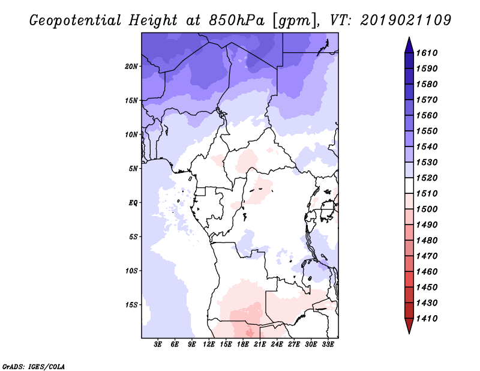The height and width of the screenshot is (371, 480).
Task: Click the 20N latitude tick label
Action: point(132,66)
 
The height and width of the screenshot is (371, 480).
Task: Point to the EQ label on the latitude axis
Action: point(133,202)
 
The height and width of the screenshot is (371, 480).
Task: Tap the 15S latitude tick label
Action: point(132,304)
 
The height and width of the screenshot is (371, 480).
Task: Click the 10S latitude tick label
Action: point(132,270)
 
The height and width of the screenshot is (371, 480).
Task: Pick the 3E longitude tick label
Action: point(158,345)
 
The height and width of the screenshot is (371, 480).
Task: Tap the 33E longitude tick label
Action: point(328,345)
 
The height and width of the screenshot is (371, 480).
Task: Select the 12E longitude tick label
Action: point(209,345)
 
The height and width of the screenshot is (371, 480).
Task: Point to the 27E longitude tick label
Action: point(294,345)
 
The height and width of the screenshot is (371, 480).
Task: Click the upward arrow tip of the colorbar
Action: point(408,39)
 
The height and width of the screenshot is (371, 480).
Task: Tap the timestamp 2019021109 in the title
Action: point(406,20)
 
